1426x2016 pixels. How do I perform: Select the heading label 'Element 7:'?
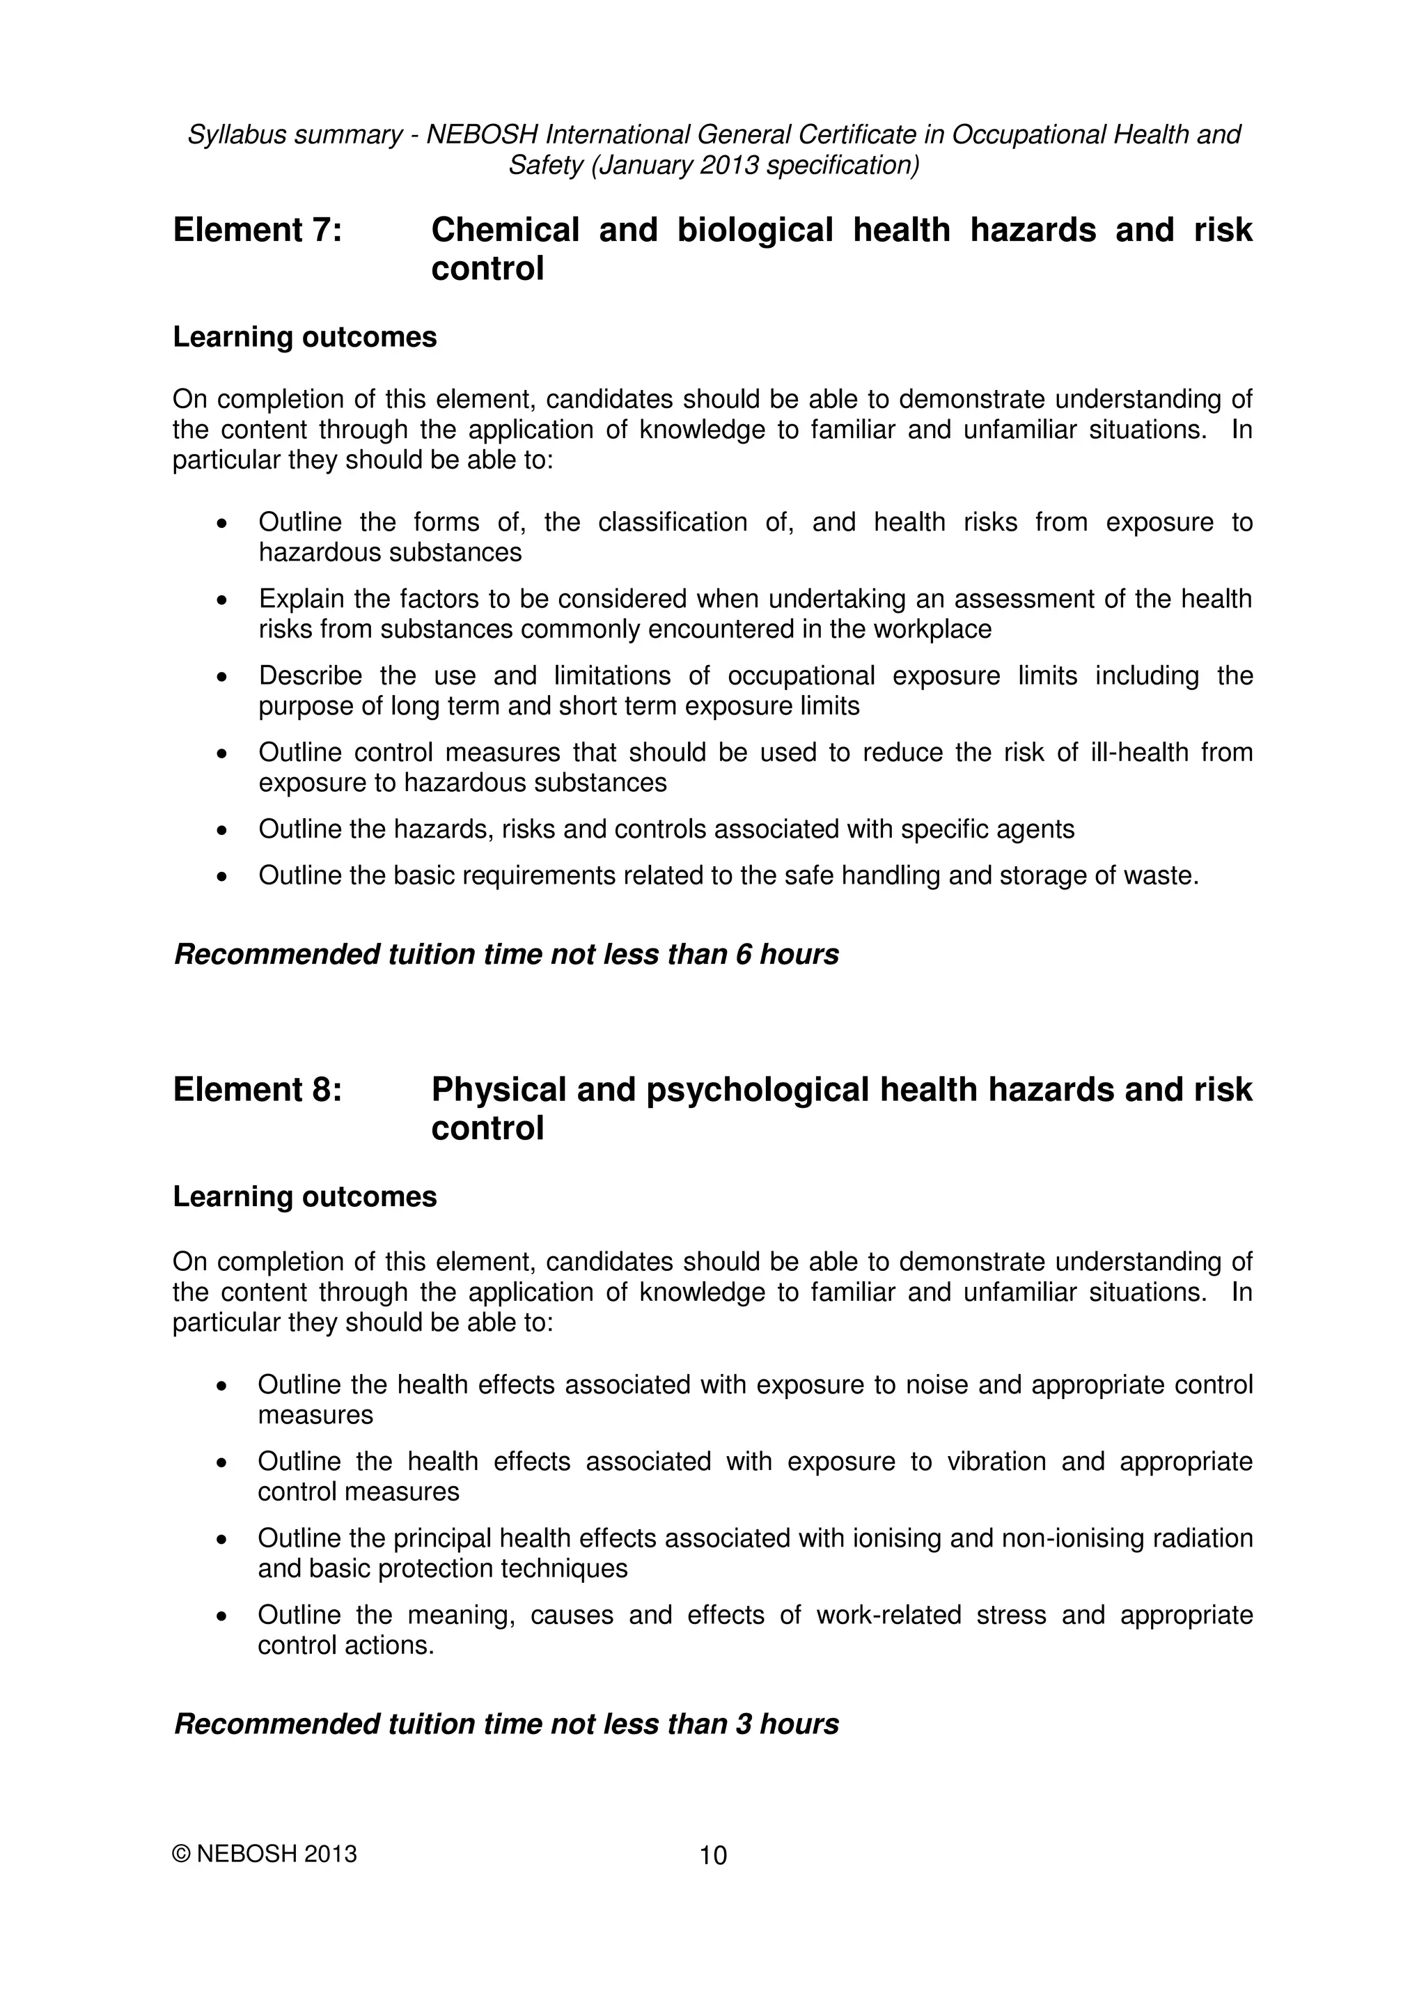pyautogui.click(x=257, y=230)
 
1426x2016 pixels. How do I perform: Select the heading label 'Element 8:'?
pyautogui.click(x=257, y=1090)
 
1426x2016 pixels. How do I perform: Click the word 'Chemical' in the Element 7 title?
pyautogui.click(x=505, y=230)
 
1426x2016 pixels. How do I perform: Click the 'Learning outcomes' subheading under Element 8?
pyautogui.click(x=305, y=1197)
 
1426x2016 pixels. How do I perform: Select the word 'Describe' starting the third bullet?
pyautogui.click(x=310, y=676)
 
